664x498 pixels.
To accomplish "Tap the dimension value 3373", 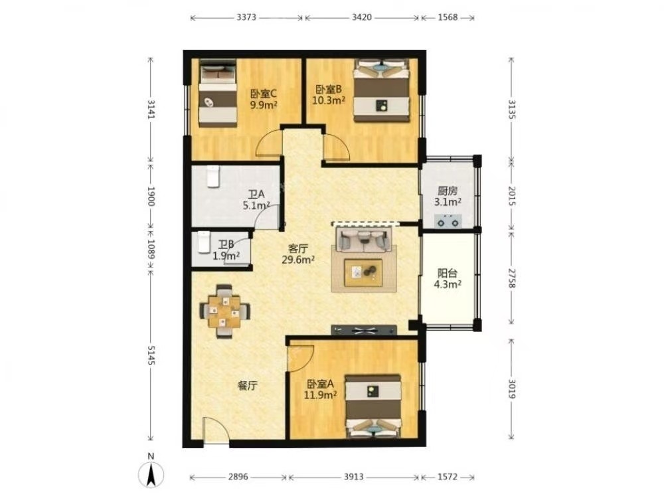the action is coord(246,17).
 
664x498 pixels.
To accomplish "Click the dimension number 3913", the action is coord(354,477).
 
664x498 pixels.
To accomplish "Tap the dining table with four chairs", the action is coord(224,311).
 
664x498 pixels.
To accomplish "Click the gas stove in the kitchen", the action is coord(448,220).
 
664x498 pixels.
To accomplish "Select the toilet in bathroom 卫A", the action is coord(213,177).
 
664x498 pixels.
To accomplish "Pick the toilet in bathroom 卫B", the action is coord(205,242).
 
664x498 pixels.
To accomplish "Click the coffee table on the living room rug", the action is coord(363,273).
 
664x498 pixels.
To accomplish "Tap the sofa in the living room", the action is coord(363,239).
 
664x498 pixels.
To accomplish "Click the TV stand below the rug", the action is coord(364,330).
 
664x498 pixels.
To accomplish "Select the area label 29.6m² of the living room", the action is coord(298,260).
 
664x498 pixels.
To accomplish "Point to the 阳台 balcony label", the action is coord(447,273).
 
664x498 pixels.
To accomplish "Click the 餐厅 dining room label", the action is coord(247,386).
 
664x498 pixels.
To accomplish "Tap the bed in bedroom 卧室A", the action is coord(373,406).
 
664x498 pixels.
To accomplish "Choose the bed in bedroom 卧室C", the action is coord(218,93).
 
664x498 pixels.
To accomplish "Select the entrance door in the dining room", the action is coord(216,430).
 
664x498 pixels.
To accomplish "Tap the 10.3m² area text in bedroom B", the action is coord(329,100).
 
